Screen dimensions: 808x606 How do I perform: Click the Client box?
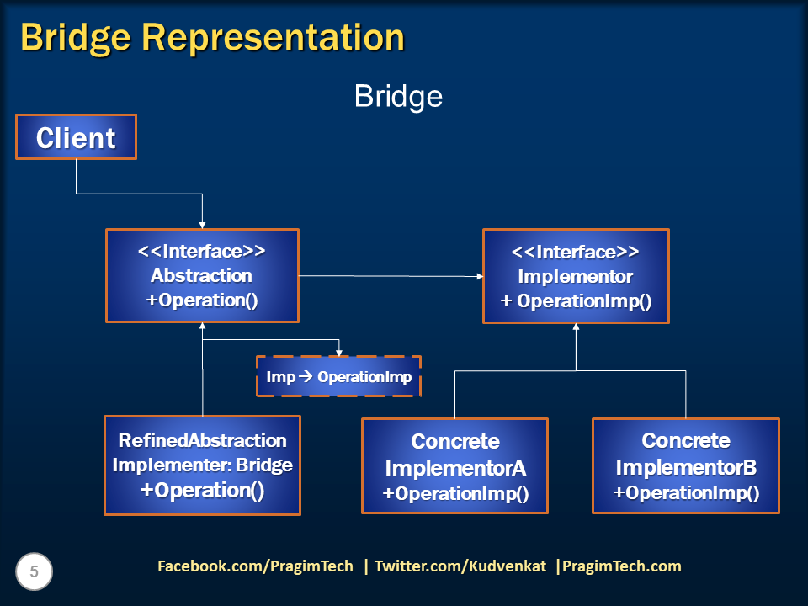77,137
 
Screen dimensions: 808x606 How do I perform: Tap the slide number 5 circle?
34,571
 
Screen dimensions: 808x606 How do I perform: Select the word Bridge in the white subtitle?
398,96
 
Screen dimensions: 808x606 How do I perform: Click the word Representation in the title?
273,37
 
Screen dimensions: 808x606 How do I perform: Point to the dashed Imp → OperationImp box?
338,377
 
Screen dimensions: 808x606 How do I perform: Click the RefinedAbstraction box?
203,465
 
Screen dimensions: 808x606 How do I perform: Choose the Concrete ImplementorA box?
455,465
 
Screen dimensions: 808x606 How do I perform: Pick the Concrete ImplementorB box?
686,465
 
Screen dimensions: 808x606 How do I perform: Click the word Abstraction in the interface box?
201,276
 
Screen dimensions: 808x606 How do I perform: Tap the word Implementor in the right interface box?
576,277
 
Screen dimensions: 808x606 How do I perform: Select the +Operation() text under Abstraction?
202,300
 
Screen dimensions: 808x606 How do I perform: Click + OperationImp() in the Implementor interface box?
576,301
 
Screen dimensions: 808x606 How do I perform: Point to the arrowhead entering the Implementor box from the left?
480,277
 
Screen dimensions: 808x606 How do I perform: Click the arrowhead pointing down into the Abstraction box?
203,226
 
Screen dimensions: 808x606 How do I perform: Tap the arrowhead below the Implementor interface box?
576,327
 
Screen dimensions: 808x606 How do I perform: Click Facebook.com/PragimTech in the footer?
256,566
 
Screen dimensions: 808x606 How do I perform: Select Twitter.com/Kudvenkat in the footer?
460,566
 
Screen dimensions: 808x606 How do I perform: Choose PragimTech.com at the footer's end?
622,566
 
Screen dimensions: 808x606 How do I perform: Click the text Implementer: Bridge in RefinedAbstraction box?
203,465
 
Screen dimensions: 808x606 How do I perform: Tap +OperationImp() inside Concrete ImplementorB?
686,493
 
